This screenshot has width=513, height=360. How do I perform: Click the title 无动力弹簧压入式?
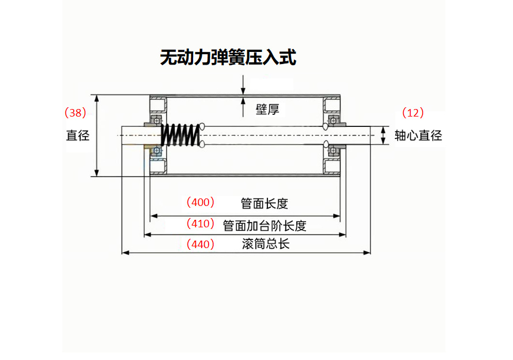[x=228, y=58]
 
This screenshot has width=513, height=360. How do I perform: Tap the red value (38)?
[x=75, y=112]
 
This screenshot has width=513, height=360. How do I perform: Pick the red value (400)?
[x=200, y=202]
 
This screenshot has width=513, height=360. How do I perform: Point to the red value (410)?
[x=200, y=223]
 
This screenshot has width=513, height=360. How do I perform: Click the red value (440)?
[x=200, y=244]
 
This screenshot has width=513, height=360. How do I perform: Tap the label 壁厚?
[x=267, y=110]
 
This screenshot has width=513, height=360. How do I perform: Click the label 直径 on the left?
[x=78, y=136]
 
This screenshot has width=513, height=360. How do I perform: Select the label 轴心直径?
[x=418, y=136]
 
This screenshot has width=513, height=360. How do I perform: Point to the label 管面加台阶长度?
[x=265, y=225]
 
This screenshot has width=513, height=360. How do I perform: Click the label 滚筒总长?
[x=266, y=244]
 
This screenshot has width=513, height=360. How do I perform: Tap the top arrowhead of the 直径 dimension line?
[x=97, y=99]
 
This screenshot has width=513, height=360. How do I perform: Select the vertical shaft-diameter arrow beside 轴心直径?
[x=382, y=136]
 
